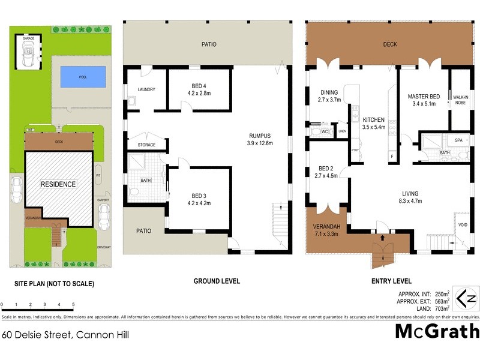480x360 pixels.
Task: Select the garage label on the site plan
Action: (28, 38)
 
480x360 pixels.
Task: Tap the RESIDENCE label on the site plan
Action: (58, 184)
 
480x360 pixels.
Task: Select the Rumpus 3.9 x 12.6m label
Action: (260, 139)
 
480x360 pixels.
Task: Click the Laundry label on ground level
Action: (146, 90)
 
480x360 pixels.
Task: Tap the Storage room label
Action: (146, 145)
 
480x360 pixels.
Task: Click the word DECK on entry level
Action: (390, 44)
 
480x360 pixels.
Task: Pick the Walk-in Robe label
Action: (461, 100)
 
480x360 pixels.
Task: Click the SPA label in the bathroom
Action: (459, 140)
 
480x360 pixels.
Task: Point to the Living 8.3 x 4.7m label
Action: (410, 197)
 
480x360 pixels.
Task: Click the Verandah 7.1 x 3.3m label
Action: (326, 229)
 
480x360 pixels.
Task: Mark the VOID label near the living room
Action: (463, 225)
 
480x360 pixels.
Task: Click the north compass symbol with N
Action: (466, 298)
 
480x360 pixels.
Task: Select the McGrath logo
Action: (437, 331)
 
